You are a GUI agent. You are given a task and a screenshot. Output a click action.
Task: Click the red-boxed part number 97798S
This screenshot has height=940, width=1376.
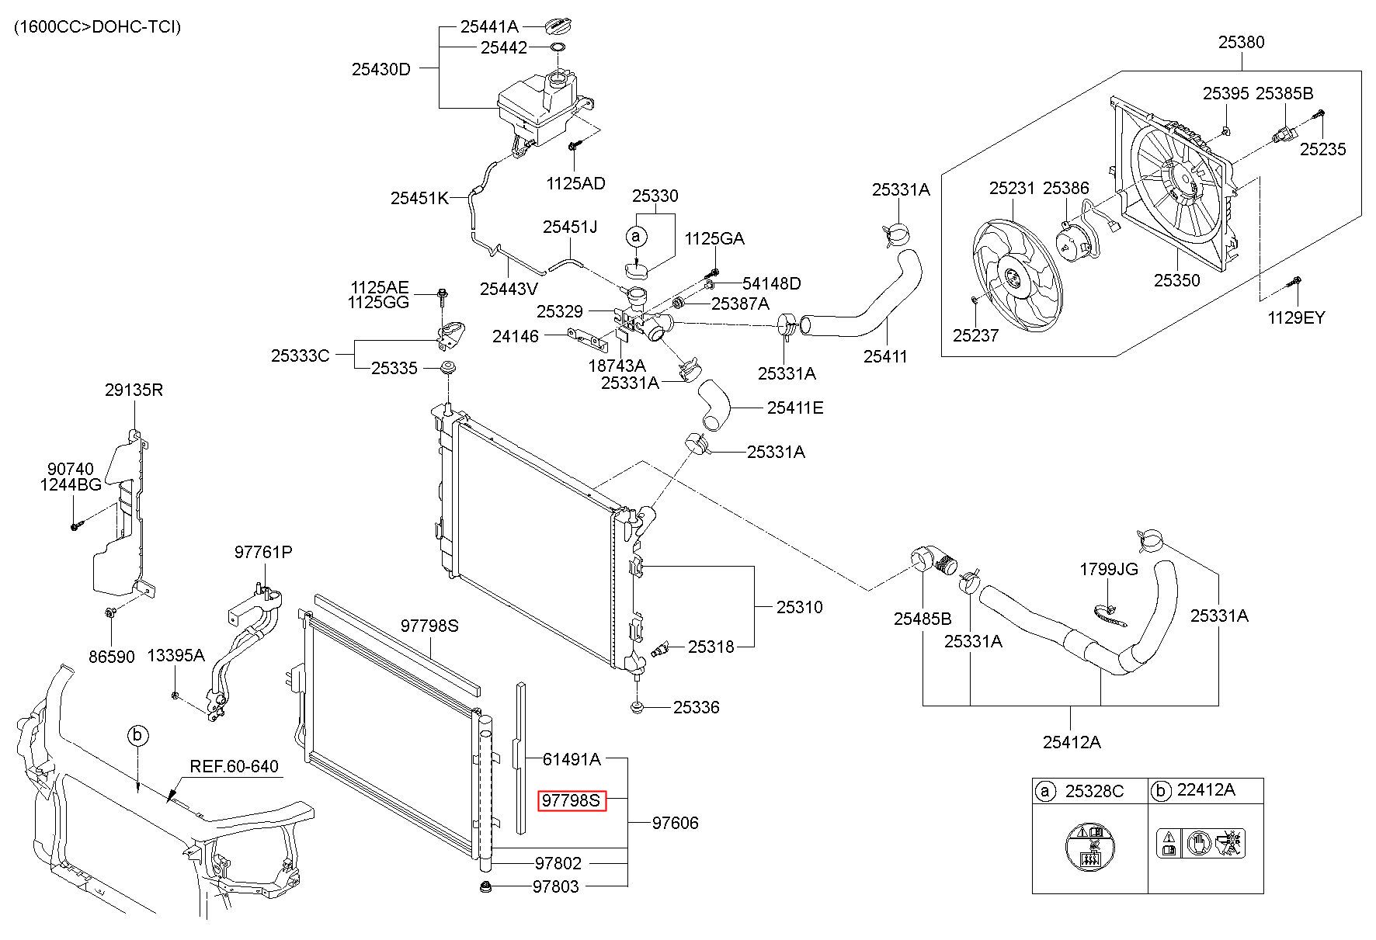coord(571,800)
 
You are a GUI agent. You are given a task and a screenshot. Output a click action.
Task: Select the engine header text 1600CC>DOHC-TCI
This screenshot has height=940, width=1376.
coord(97,28)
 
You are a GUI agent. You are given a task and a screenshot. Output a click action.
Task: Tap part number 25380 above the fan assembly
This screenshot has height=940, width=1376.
coord(1241,42)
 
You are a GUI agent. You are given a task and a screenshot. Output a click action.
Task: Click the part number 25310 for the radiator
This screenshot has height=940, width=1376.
coord(799,607)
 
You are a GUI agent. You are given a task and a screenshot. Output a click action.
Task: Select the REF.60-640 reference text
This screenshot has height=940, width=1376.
coord(235,767)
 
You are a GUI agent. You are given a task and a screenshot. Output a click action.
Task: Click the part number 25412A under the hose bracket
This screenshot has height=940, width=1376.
coord(1072,742)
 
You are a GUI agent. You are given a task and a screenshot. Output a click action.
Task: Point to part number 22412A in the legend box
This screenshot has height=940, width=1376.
coord(1205,790)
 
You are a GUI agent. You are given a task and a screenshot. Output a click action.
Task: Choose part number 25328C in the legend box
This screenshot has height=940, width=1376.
coord(1094,790)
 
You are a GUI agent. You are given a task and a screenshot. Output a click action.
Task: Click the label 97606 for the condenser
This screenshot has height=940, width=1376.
coord(675,823)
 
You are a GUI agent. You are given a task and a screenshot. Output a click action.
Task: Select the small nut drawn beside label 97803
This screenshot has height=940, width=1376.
coord(487,886)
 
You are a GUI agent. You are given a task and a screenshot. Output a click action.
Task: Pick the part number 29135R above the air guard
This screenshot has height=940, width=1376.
coord(134,390)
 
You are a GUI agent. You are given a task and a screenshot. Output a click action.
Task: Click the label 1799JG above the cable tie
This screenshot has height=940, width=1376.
coord(1109,570)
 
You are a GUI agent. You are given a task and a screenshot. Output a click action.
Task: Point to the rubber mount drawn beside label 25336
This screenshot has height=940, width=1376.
coord(637,707)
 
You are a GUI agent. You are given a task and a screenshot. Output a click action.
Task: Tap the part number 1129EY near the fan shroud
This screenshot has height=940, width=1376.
coord(1296,317)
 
